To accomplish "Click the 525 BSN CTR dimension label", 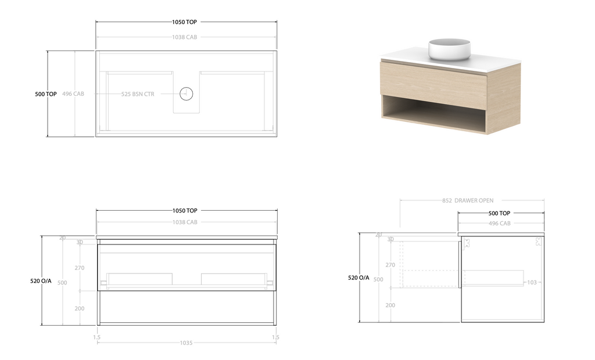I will (138, 94).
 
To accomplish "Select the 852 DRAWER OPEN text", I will (467, 201).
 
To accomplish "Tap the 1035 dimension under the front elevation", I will (185, 343).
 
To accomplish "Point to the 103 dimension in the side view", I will (532, 282).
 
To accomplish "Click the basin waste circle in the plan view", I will (186, 93).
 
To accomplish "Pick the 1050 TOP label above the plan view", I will (185, 22).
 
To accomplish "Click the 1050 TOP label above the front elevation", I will (185, 211).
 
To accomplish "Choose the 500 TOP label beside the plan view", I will (46, 94).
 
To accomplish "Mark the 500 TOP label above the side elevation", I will (499, 214).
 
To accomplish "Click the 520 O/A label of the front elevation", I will (41, 281).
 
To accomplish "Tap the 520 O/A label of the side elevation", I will (359, 278).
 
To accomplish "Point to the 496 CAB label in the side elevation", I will (499, 224).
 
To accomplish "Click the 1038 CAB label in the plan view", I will (185, 37).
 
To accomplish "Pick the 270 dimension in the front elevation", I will (80, 268).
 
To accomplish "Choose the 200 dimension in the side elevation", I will (390, 305).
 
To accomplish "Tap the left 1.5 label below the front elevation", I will (97, 337).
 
